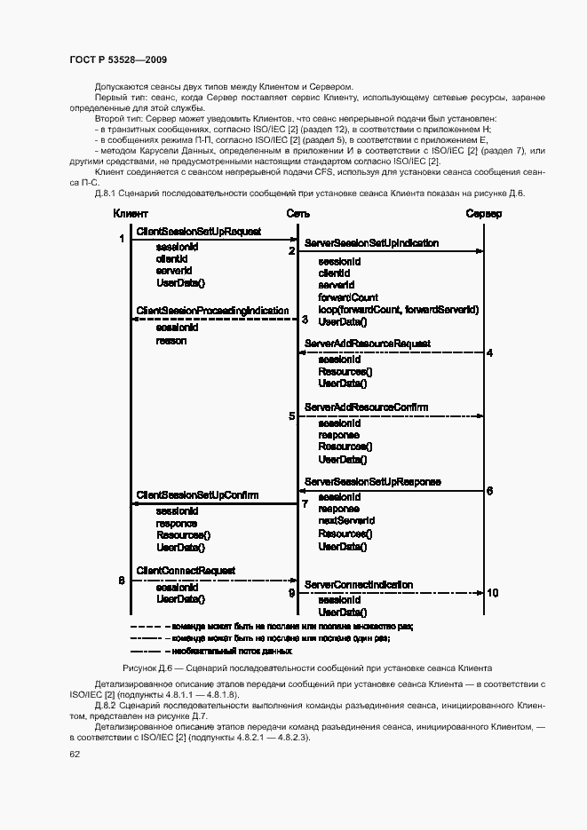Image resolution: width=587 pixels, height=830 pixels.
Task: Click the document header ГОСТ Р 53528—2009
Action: click(118, 59)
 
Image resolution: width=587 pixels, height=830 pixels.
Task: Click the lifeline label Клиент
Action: click(131, 214)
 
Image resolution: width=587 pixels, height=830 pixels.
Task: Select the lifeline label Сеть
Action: click(297, 214)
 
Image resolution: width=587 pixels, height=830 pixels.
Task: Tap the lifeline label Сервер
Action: click(483, 214)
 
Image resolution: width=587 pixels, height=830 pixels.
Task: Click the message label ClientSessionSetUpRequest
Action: click(199, 231)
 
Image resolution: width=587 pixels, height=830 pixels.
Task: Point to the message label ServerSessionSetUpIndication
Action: click(371, 242)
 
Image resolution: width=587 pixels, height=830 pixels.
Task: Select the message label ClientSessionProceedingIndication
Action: click(212, 312)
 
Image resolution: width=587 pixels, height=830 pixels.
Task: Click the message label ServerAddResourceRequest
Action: click(368, 343)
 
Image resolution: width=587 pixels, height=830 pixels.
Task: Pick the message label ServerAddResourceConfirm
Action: click(367, 407)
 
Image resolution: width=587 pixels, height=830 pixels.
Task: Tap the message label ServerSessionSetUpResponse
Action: click(373, 482)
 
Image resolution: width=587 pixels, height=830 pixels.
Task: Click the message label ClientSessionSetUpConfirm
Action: click(197, 494)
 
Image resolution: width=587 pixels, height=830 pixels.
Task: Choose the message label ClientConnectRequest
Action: click(186, 570)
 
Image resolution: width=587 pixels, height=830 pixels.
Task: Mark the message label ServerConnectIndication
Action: click(359, 585)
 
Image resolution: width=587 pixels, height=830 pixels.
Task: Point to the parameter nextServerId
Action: click(346, 520)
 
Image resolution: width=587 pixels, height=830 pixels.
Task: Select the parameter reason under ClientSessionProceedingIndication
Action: click(171, 341)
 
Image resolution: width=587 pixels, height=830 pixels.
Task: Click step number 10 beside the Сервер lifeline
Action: click(493, 592)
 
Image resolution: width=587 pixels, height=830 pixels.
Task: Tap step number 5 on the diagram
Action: click(291, 415)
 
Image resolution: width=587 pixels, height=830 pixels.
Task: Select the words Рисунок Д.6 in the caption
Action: click(150, 667)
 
